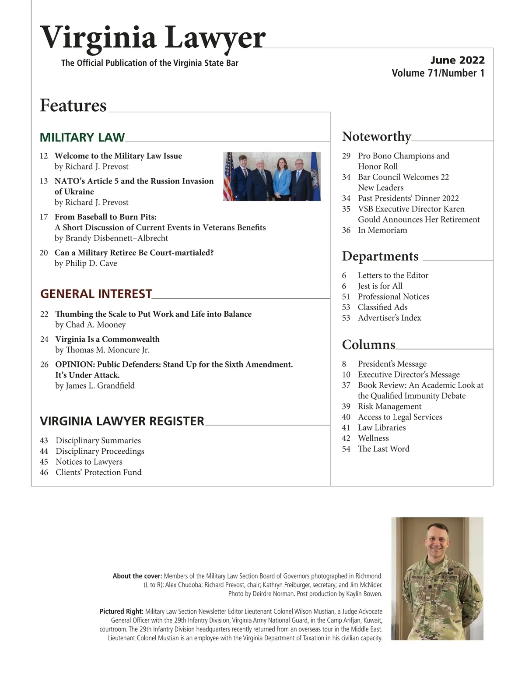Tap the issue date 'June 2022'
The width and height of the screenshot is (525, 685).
click(457, 60)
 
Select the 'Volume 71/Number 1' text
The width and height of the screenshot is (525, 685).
click(438, 73)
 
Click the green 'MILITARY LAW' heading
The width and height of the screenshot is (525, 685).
click(82, 138)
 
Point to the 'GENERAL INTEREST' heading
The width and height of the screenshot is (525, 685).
click(96, 294)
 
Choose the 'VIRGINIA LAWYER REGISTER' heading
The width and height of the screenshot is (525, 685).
click(122, 421)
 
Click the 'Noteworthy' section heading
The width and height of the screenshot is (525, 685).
click(376, 137)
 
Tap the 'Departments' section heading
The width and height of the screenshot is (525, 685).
click(380, 256)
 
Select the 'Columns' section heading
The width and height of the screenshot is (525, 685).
click(368, 345)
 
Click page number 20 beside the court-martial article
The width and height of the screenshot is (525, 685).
click(44, 253)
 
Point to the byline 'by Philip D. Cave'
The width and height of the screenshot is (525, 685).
click(86, 264)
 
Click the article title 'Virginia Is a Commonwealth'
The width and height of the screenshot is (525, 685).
click(107, 339)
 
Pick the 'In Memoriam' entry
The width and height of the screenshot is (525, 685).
click(382, 230)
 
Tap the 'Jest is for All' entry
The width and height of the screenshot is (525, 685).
click(380, 286)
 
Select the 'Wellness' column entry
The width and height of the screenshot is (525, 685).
click(373, 438)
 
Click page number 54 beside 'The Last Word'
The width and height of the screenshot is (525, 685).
click(346, 449)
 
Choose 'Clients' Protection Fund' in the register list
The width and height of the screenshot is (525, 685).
click(98, 473)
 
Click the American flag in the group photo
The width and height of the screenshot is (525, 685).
click(227, 176)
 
